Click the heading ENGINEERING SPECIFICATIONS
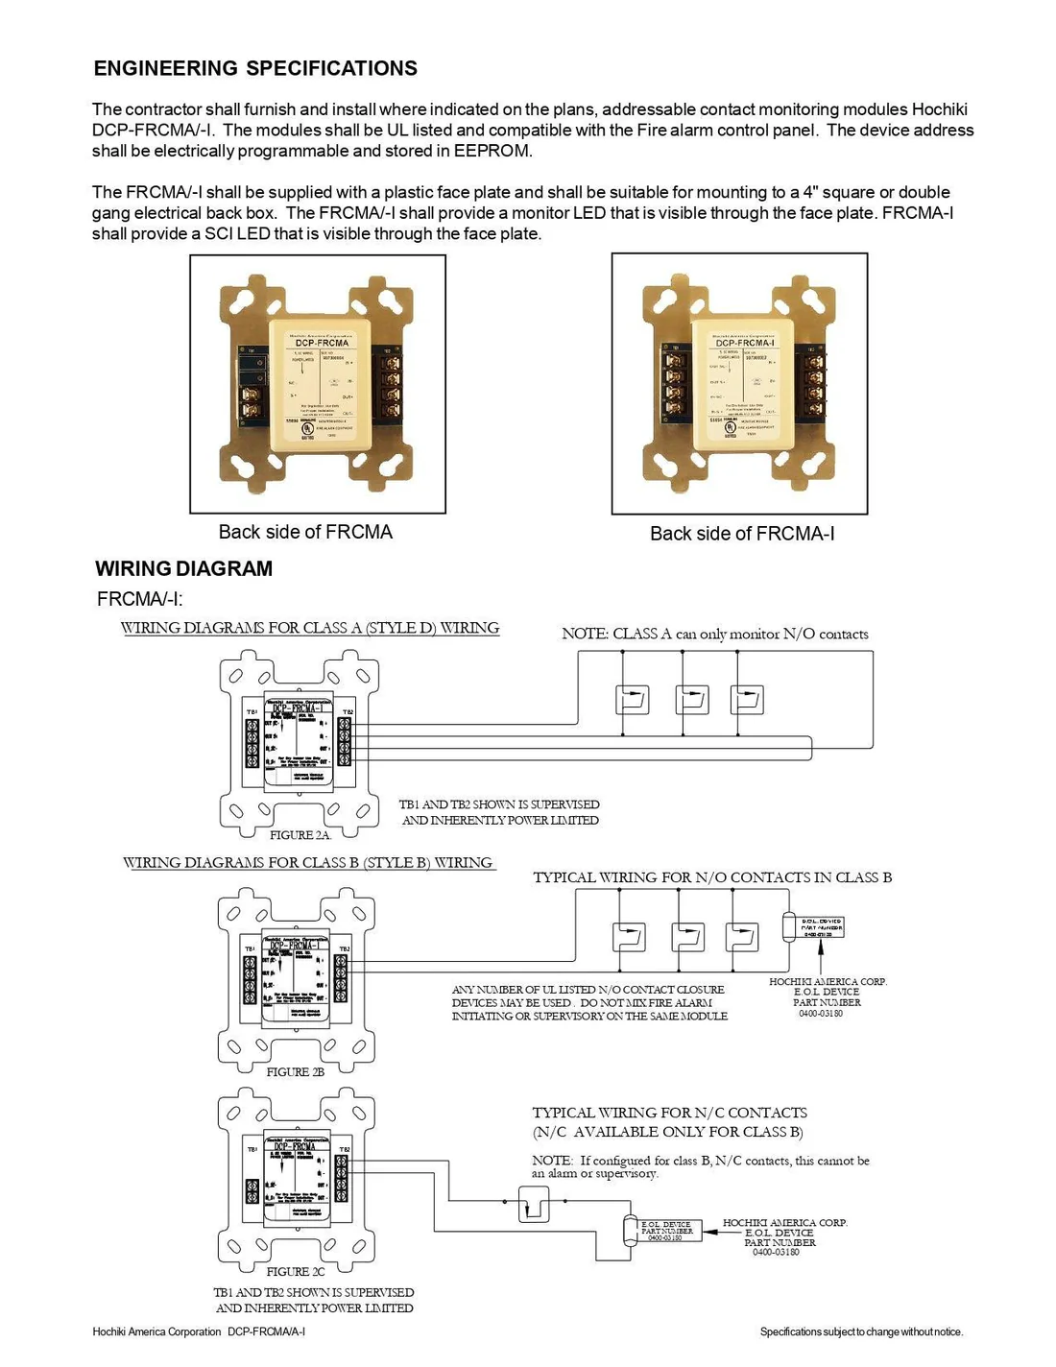coord(255,68)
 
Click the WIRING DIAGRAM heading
coord(183,568)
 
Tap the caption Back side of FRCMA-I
coord(742,534)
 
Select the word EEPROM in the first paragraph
coord(492,151)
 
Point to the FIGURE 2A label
coord(300,835)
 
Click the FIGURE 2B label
coord(295,1071)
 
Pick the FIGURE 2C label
coord(295,1271)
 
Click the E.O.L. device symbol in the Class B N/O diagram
coord(814,926)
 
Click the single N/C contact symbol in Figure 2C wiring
coord(534,1204)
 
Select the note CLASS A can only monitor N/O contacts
coord(715,634)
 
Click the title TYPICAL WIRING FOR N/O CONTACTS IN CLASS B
coord(712,877)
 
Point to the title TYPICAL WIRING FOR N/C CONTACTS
coord(669,1113)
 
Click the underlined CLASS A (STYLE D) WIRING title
coord(310,628)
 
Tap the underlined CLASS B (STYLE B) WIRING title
coord(308,863)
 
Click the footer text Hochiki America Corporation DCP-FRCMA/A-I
coord(199,1331)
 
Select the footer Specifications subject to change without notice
coord(861,1331)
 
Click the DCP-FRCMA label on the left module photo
coord(322,343)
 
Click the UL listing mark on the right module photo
coord(731,427)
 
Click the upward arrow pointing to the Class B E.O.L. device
coord(821,955)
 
